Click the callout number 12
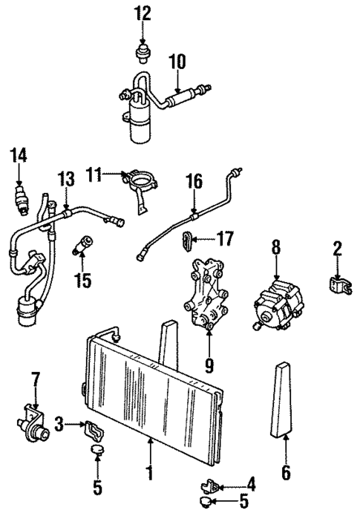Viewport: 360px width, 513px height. click(x=142, y=13)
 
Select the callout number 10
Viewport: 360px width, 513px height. click(x=179, y=62)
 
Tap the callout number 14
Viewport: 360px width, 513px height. click(x=18, y=155)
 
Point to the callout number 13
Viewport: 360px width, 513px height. click(x=66, y=180)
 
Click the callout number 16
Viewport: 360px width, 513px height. click(x=194, y=180)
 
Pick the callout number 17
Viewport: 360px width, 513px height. click(x=225, y=239)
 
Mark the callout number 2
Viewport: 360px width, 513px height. click(x=337, y=248)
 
